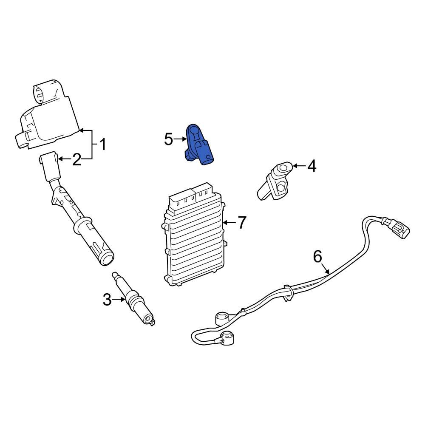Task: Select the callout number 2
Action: pos(76,160)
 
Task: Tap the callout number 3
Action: pos(107,300)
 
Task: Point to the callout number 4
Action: pos(312,166)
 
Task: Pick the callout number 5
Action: pos(169,139)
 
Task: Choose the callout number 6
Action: pos(317,256)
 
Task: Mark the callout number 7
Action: pos(241,222)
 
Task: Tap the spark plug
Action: pos(134,300)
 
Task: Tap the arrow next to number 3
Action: pos(119,300)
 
